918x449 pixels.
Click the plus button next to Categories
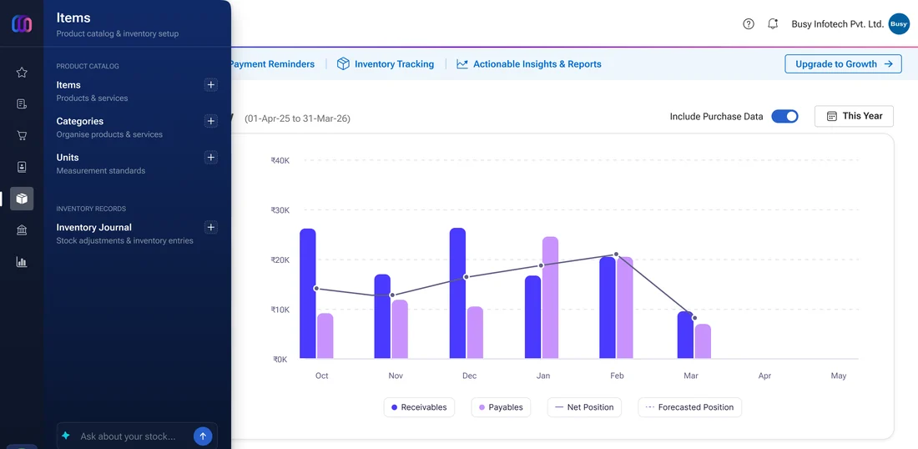[x=211, y=121]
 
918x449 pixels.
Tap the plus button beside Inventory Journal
[x=211, y=227]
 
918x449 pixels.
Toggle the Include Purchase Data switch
[x=784, y=116]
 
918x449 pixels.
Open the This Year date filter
[x=854, y=116]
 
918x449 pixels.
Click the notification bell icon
[x=773, y=24]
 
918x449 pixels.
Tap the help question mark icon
[x=749, y=24]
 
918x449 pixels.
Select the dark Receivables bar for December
[x=458, y=293]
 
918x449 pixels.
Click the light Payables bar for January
[x=550, y=297]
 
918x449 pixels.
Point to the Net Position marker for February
[x=616, y=255]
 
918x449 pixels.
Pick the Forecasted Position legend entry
[x=689, y=407]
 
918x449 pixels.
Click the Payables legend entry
[x=501, y=407]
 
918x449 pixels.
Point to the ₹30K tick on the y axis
[x=280, y=210]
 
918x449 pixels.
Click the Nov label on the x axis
[x=396, y=376]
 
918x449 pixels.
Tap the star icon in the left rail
[x=22, y=72]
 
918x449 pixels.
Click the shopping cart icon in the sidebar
[x=22, y=135]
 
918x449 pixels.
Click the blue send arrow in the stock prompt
[x=203, y=436]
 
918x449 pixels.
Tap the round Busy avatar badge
[x=899, y=24]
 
